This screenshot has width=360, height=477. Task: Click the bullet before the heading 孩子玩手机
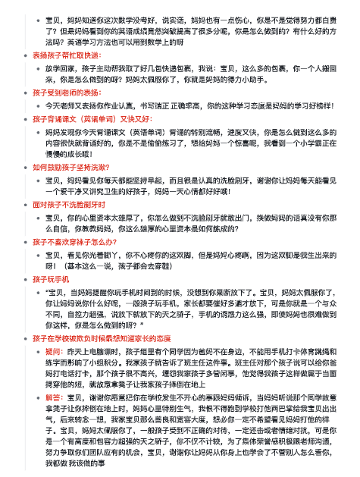(27, 280)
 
